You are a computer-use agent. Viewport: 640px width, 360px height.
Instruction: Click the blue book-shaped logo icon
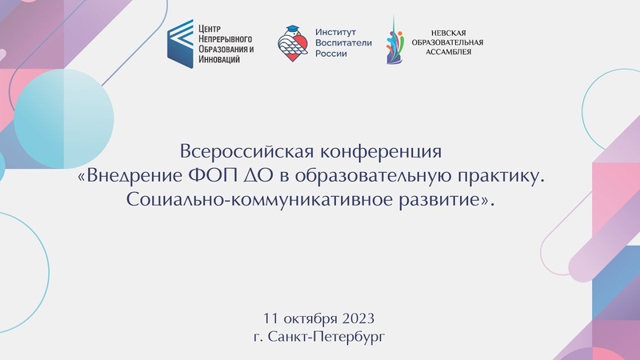(x=180, y=44)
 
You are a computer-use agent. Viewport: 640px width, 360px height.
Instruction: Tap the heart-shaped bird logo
(x=293, y=44)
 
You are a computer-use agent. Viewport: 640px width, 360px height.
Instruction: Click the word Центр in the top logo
(x=210, y=29)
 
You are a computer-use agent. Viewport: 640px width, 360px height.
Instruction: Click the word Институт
(x=335, y=32)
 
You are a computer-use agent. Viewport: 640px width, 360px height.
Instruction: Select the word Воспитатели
(x=343, y=42)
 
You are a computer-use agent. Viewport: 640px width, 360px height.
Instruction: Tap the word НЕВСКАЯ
(x=448, y=33)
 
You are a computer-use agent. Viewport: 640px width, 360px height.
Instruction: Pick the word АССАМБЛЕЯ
(x=448, y=52)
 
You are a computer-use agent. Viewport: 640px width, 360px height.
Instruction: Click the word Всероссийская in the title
(x=247, y=151)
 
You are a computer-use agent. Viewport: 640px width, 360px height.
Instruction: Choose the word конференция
(x=381, y=152)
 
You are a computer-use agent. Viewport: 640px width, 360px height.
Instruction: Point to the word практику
(x=502, y=177)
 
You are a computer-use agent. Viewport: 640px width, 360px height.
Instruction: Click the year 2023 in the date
(x=358, y=318)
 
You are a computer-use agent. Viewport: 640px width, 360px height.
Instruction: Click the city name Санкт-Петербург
(x=326, y=337)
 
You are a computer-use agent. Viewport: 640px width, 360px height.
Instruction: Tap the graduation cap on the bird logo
(x=292, y=30)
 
